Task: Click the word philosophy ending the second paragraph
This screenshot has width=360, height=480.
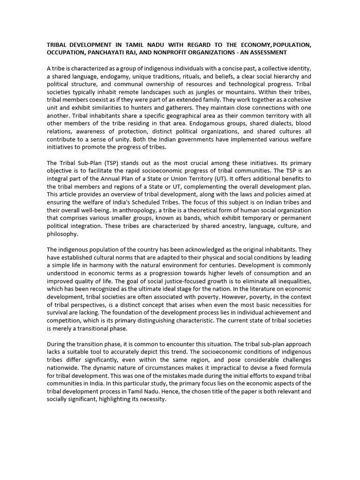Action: (x=63, y=234)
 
